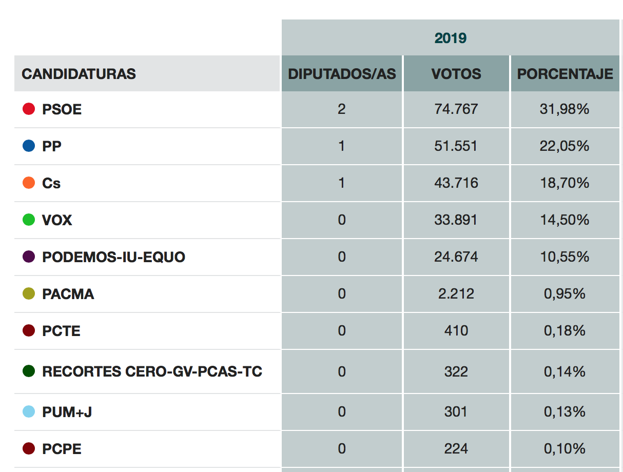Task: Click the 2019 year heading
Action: click(451, 38)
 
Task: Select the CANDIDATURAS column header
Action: click(79, 74)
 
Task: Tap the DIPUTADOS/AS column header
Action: click(342, 74)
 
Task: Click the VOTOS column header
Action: click(456, 74)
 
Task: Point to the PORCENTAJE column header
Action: click(565, 74)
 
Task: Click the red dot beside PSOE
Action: click(29, 109)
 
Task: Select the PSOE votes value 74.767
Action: click(456, 109)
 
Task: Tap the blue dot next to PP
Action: click(29, 146)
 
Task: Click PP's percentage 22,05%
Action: click(564, 146)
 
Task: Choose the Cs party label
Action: click(51, 183)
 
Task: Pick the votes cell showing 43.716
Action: click(456, 183)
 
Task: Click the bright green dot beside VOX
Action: click(29, 220)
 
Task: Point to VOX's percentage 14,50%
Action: click(564, 220)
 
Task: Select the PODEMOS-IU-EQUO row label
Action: click(113, 257)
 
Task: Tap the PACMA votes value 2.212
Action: click(456, 293)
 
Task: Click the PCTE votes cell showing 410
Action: click(456, 330)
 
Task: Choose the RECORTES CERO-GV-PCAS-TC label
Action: click(152, 371)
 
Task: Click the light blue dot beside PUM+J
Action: click(29, 411)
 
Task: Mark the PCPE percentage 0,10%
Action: click(564, 449)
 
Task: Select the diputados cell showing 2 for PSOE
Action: click(342, 109)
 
